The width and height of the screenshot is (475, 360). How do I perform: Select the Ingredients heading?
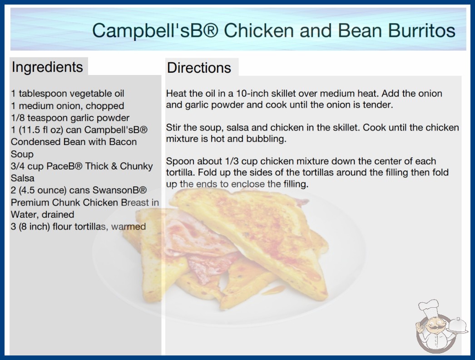[47, 67]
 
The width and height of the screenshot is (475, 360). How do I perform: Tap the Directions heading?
[199, 68]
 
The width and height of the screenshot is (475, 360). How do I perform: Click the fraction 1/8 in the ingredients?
[18, 118]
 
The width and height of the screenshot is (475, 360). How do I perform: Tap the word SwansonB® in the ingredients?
[120, 190]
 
